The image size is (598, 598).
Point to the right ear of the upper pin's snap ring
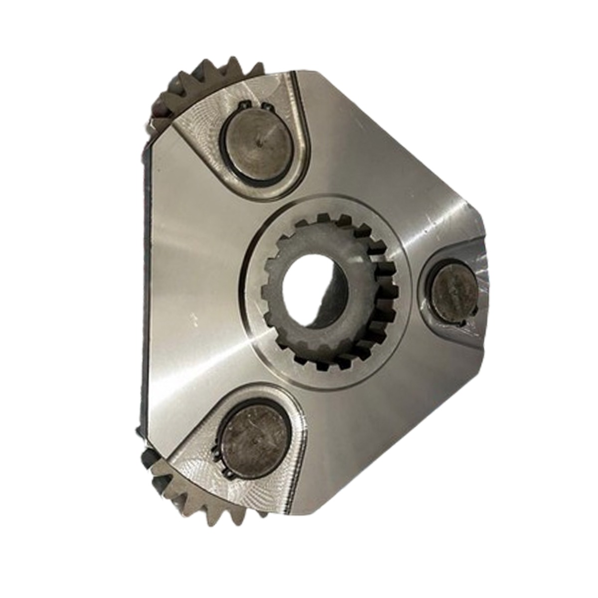point(268,107)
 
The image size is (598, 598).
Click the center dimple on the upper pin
point(261,143)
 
